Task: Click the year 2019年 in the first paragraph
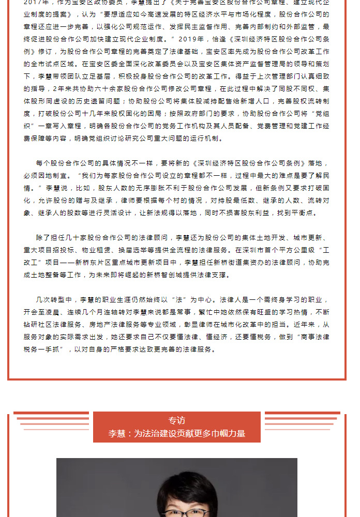205,39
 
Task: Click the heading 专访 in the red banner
176,421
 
